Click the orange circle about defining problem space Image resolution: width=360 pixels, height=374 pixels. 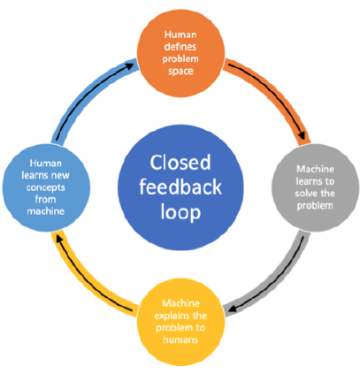[181, 53]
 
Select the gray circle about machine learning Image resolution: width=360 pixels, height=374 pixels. [316, 187]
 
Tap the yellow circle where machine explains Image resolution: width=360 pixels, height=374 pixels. [181, 322]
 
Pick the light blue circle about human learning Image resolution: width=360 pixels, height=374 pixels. [46, 187]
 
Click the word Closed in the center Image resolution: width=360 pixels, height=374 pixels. [180, 163]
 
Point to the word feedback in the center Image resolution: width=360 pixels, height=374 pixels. [180, 187]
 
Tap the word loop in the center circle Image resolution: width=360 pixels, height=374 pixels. [180, 212]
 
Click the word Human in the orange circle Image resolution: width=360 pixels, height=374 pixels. [180, 34]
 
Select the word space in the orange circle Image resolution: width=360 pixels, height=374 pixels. [180, 72]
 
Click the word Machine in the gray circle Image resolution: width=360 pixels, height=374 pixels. [315, 169]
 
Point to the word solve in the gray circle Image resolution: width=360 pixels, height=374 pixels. [305, 194]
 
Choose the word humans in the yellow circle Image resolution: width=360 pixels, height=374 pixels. [180, 340]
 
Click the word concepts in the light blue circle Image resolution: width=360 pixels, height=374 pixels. [46, 187]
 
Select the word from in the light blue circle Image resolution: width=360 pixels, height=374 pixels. [45, 199]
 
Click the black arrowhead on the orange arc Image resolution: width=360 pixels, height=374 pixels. [303, 136]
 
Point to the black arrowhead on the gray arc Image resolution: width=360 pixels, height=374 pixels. [233, 309]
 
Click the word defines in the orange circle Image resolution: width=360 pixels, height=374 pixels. [180, 47]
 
